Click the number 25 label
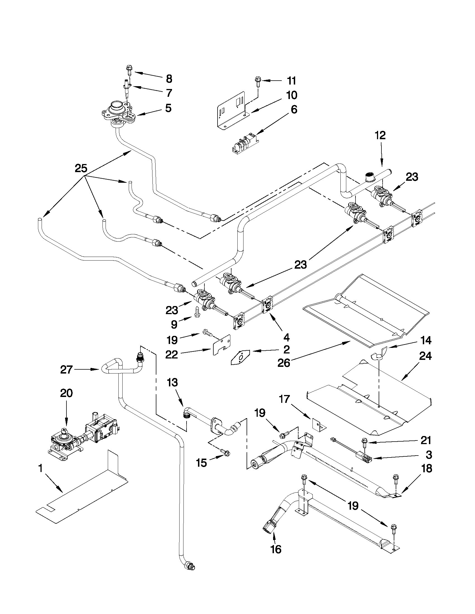81,168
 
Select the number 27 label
66,369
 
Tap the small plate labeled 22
221,345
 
